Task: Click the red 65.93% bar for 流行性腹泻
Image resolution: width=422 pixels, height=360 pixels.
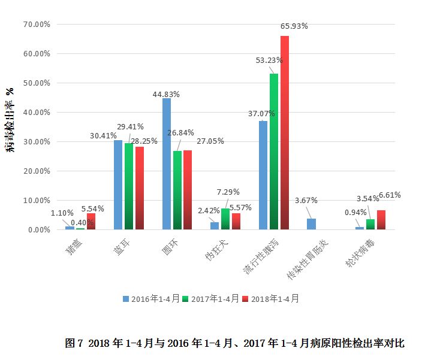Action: pos(285,132)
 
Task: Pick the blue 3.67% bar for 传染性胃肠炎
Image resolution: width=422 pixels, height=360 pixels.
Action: pos(311,224)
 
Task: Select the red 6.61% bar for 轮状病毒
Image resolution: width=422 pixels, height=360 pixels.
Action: pos(381,220)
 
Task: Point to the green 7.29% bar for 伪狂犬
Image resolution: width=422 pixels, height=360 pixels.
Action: pos(225,219)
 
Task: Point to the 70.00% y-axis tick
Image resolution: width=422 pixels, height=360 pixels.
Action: pos(35,25)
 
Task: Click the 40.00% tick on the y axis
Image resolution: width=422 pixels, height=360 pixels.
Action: pos(35,112)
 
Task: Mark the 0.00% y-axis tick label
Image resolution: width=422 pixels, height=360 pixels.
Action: pos(37,229)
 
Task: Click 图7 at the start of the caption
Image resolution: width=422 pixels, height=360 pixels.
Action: pos(74,343)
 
